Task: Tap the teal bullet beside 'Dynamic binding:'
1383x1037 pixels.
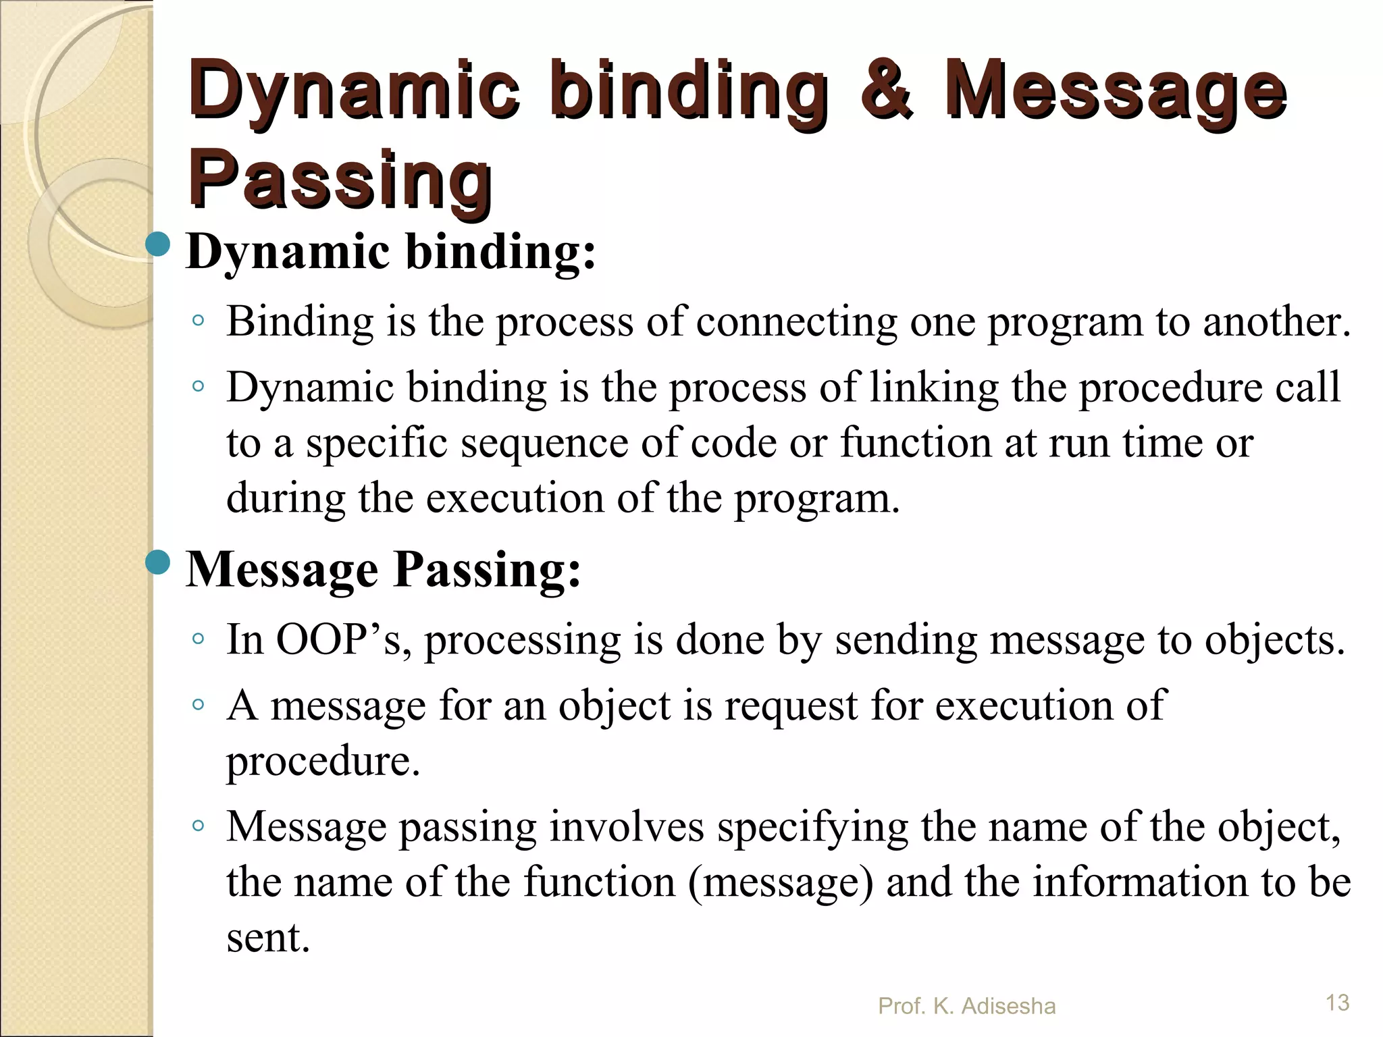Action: pyautogui.click(x=159, y=244)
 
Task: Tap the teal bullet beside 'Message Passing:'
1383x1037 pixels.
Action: pyautogui.click(x=159, y=562)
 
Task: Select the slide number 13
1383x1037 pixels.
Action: pyautogui.click(x=1337, y=1003)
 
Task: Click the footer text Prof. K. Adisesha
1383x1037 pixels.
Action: pyautogui.click(x=966, y=1006)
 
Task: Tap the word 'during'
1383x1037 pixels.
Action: pyautogui.click(x=286, y=499)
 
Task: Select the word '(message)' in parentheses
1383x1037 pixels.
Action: pyautogui.click(x=781, y=882)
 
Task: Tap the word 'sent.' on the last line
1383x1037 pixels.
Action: pyautogui.click(x=268, y=938)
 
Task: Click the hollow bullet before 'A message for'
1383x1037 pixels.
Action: pyautogui.click(x=198, y=705)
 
